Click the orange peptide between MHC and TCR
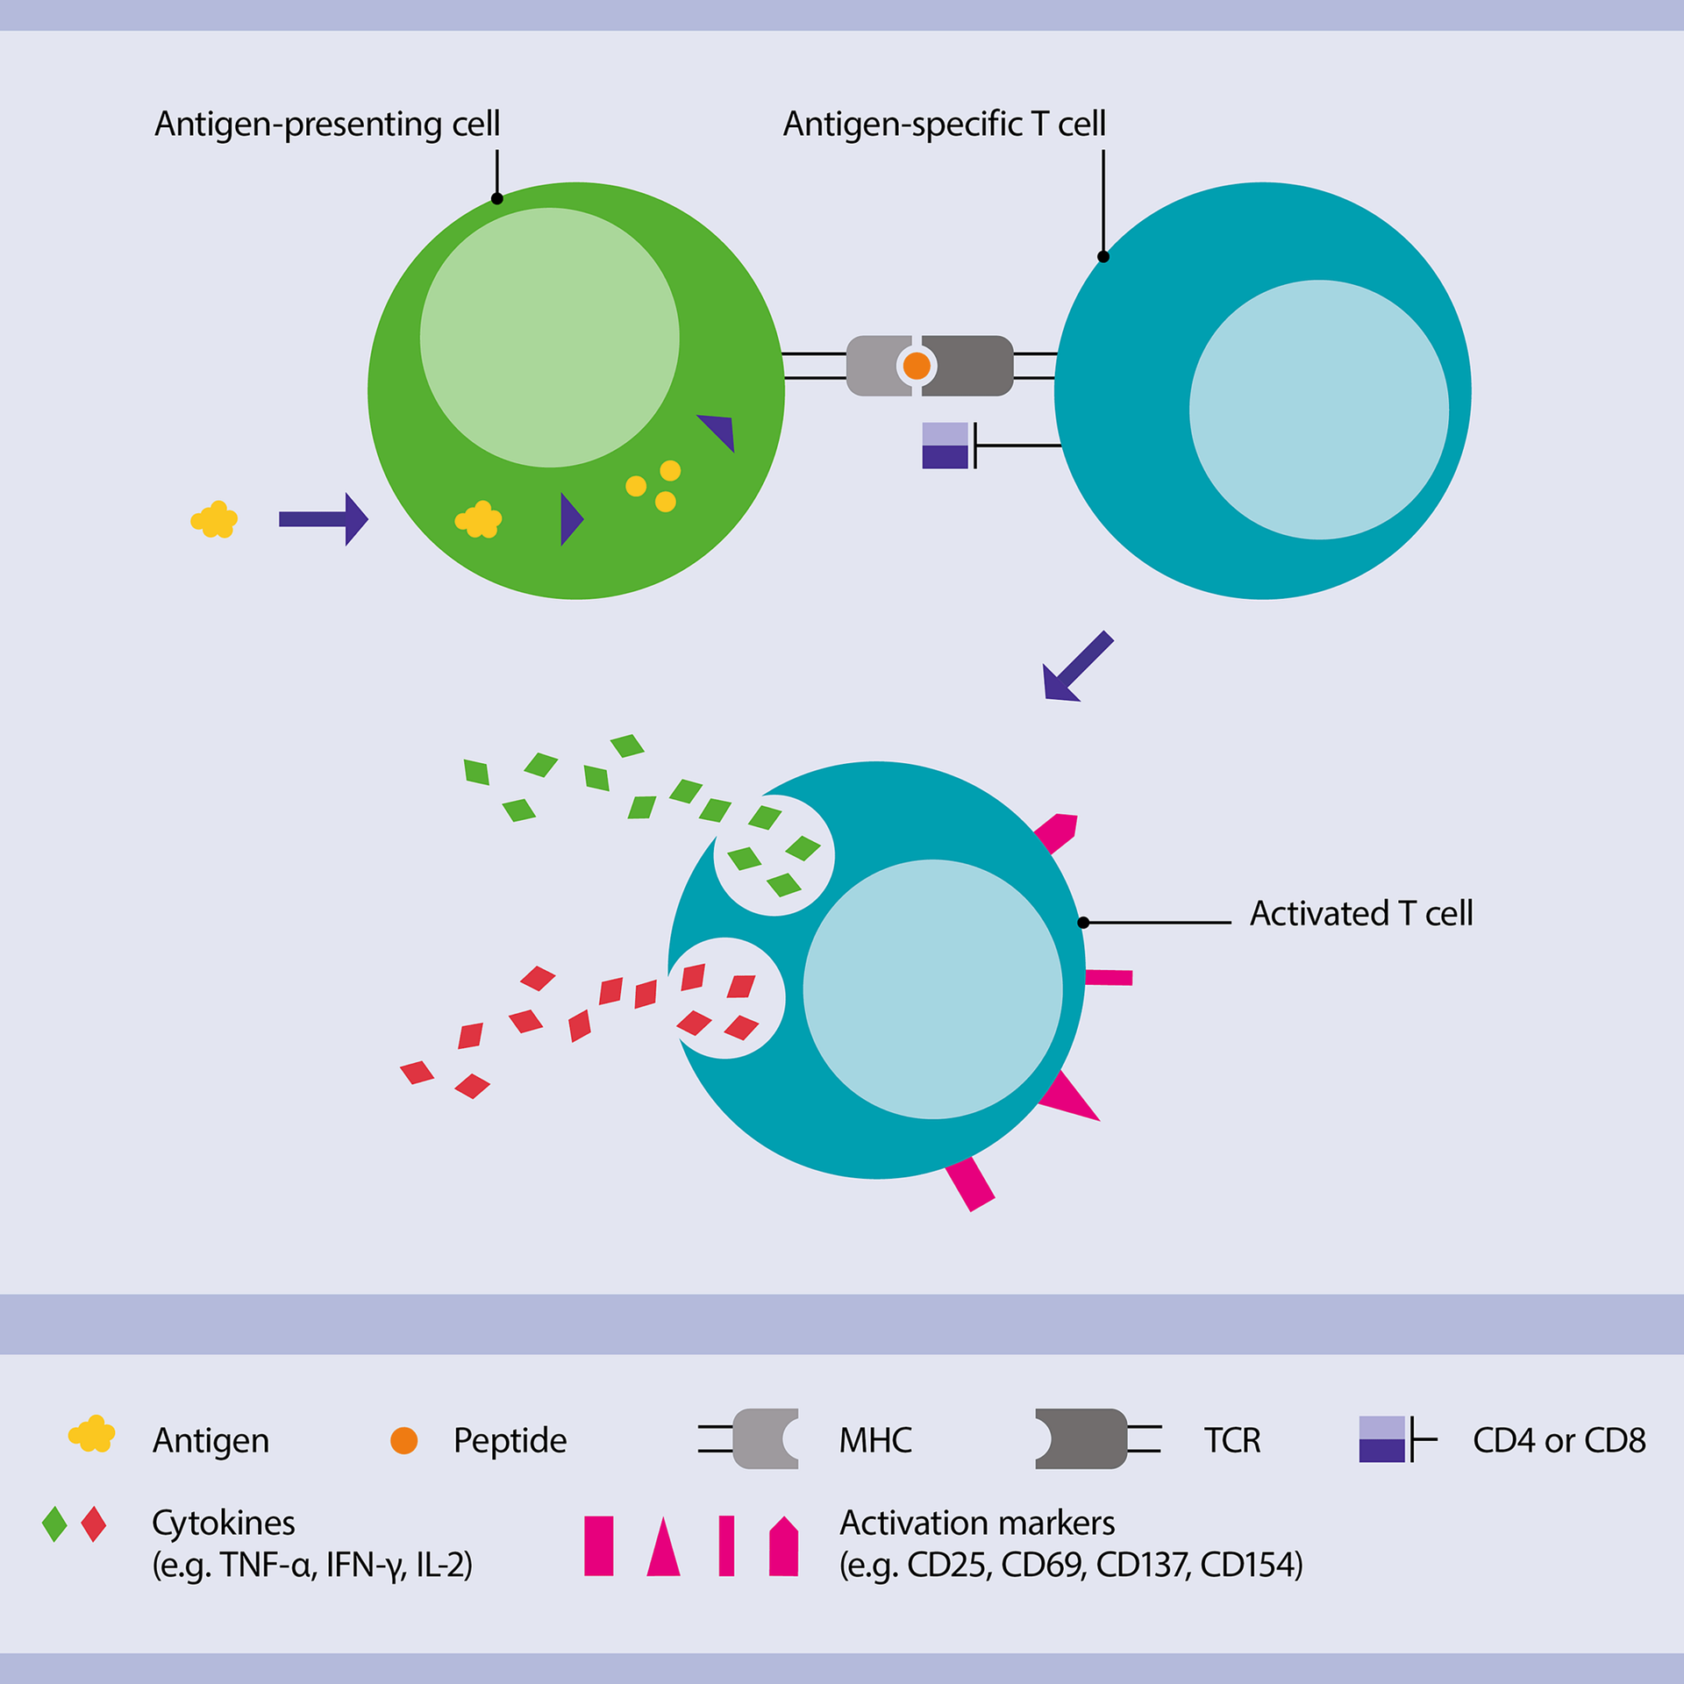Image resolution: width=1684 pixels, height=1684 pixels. pos(917,366)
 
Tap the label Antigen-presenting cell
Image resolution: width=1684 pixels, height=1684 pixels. pos(327,124)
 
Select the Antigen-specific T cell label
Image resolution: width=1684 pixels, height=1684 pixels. pos(944,124)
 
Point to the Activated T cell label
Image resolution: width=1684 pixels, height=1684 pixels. pos(1360,914)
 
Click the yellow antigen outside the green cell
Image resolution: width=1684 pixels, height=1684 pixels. pos(214,520)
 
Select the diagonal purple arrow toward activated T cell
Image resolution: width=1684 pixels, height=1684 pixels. pos(1075,668)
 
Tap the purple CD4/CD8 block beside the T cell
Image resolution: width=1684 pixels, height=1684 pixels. pos(945,446)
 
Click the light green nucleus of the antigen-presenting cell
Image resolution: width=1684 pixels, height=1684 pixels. pos(549,338)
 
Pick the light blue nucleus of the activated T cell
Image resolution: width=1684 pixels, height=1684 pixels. pos(932,989)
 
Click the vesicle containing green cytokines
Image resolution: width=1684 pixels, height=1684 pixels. pos(774,855)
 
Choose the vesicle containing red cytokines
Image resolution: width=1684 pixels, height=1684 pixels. pos(725,998)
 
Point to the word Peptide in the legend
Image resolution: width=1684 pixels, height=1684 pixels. pos(510,1440)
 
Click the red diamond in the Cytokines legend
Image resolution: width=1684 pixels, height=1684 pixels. pos(93,1524)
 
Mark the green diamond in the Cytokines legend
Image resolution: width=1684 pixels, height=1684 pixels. pos(54,1524)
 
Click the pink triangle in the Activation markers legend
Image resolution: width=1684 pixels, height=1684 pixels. pos(663,1548)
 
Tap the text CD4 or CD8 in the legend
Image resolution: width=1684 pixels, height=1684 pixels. pos(1559,1440)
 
